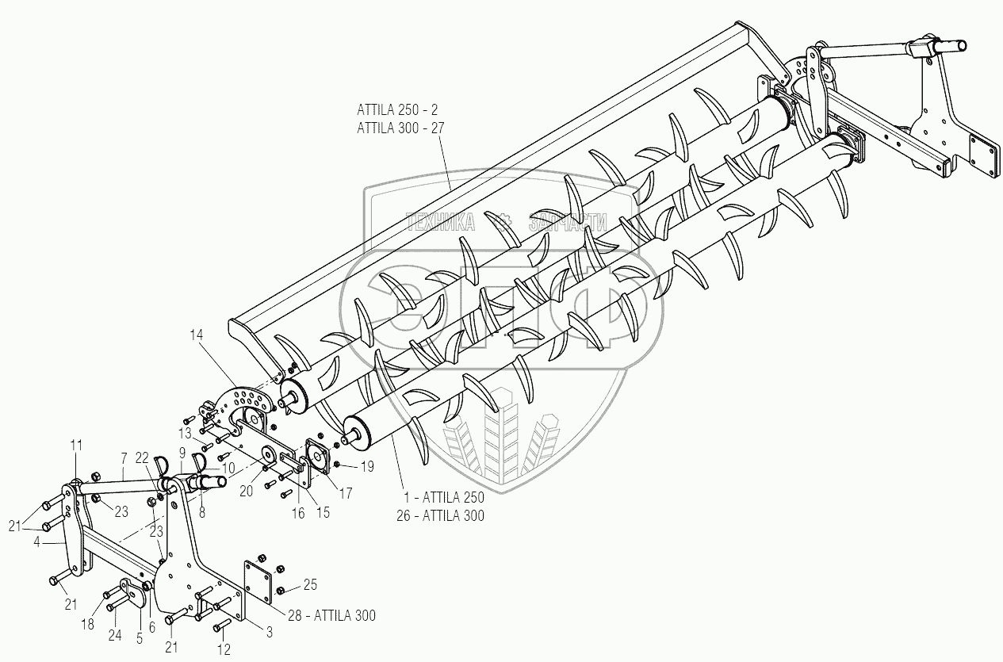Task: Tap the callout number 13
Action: point(185,433)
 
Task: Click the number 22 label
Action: point(141,457)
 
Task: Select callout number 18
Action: point(87,626)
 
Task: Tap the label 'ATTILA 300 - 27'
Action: point(401,128)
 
